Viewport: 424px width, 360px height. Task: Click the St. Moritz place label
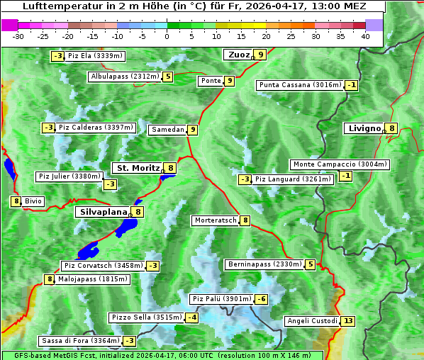pos(138,168)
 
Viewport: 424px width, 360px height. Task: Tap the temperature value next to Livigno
pos(392,128)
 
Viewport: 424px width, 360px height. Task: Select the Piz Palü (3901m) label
pos(222,299)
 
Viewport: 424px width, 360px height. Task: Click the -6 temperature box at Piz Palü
pos(262,299)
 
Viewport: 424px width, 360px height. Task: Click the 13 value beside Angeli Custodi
pos(347,321)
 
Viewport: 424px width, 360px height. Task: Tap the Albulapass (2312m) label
pos(124,77)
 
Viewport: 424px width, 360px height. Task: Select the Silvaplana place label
pos(103,211)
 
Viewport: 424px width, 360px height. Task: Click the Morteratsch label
pos(216,220)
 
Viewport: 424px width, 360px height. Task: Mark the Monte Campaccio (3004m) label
pos(340,164)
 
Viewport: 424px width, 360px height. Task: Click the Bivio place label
pos(33,201)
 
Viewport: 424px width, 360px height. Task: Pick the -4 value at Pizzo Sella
pos(192,317)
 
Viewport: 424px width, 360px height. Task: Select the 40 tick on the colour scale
pos(365,36)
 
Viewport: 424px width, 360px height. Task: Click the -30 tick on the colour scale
pos(18,36)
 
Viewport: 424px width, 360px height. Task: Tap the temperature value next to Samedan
pos(193,130)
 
